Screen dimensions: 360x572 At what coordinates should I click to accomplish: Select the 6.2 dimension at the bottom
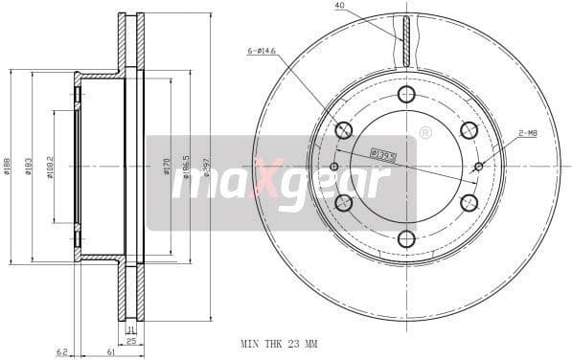click(x=61, y=352)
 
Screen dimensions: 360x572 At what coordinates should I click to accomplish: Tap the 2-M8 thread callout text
click(x=527, y=134)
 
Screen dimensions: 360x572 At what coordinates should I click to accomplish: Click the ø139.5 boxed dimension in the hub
click(x=384, y=152)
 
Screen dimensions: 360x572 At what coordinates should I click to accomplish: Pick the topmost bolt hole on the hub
click(x=406, y=94)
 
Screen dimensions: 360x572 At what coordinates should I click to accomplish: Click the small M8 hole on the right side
click(x=479, y=167)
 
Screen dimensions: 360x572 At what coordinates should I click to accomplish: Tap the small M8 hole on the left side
click(x=334, y=167)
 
